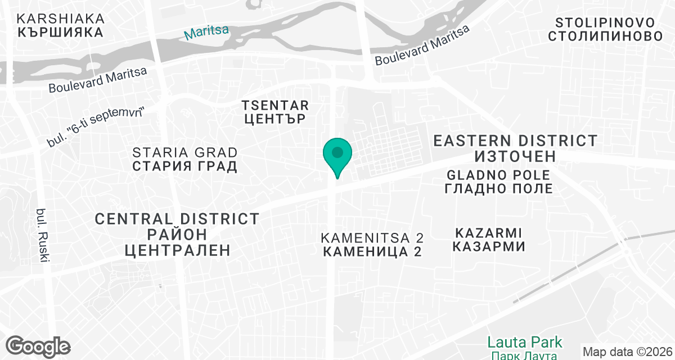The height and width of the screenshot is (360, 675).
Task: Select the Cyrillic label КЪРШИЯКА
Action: [x=60, y=32]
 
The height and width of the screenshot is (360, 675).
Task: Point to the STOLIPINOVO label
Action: [x=605, y=23]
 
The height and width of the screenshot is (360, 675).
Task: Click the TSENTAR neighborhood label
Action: [x=275, y=105]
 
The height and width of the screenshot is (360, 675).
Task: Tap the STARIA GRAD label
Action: [x=185, y=152]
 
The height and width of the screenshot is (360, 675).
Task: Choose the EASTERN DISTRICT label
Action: [x=515, y=141]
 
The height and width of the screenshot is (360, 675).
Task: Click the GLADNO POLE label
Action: [x=498, y=174]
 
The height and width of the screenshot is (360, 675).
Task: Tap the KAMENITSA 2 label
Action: [x=372, y=237]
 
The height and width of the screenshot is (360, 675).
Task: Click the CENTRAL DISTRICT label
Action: [x=177, y=219]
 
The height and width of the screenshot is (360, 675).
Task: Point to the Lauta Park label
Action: [x=524, y=341]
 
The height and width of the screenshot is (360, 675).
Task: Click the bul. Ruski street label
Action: [x=42, y=235]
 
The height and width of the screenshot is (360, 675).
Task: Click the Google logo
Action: [x=38, y=345]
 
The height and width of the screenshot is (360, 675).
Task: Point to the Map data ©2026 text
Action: [x=627, y=352]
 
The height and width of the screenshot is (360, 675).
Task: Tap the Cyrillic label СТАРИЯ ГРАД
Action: [x=184, y=166]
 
